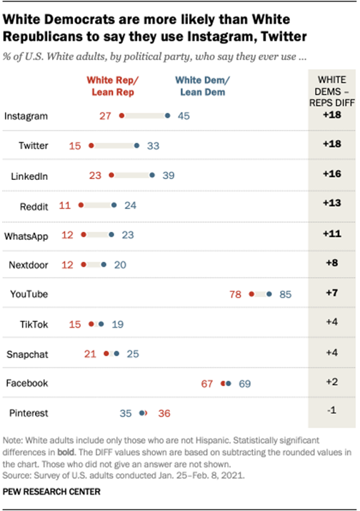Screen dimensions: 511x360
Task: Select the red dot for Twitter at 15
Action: point(91,146)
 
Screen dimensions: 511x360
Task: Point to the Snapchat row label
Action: point(27,353)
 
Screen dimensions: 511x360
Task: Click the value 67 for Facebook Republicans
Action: point(208,383)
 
